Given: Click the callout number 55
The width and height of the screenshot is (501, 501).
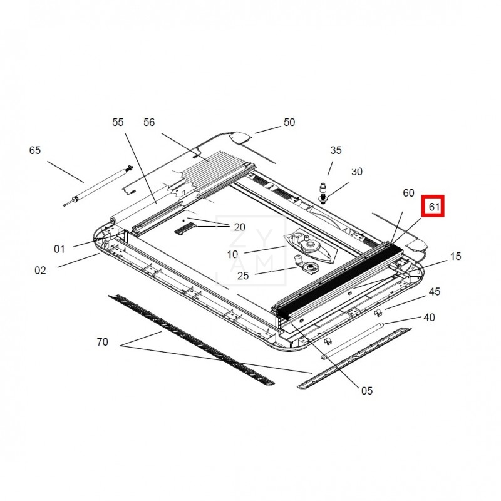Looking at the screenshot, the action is click(118, 122).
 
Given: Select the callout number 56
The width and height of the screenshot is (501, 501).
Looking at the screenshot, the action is click(149, 122).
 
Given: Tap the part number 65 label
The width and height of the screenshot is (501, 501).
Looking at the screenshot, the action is click(35, 150).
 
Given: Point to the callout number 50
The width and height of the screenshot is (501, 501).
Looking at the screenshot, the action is click(289, 122).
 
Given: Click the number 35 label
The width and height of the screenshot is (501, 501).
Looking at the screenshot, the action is click(336, 150).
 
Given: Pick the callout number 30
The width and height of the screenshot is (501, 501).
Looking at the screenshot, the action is click(357, 172).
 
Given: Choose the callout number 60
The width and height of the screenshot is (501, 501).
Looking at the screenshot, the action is click(408, 193).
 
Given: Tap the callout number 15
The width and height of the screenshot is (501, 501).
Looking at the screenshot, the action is click(456, 256).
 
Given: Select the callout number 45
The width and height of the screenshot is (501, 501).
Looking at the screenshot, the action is click(435, 291).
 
